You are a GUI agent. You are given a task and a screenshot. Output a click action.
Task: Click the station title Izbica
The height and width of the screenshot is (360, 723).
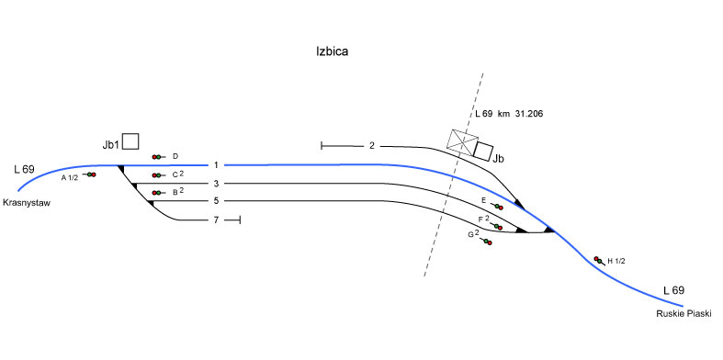[332, 51]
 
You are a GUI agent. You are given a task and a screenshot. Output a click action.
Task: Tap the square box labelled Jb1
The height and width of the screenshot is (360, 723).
[130, 141]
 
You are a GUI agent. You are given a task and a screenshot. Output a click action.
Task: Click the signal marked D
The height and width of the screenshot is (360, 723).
[158, 157]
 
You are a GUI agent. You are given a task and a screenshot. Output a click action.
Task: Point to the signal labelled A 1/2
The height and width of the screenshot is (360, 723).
[89, 174]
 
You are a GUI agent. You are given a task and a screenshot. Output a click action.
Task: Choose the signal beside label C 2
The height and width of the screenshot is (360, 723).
[158, 175]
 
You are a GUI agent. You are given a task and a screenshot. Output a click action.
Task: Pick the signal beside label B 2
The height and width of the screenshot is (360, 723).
[158, 193]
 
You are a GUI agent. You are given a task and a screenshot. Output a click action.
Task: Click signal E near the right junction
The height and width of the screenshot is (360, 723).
[497, 207]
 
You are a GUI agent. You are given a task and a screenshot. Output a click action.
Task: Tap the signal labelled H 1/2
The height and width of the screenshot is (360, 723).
[599, 261]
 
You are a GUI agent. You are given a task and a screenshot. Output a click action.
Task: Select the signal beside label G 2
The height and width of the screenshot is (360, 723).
[486, 242]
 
